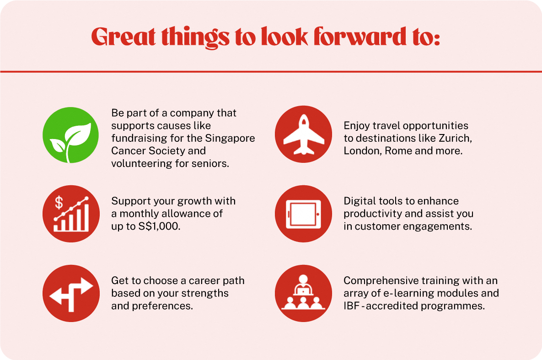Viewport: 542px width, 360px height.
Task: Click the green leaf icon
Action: click(70, 135)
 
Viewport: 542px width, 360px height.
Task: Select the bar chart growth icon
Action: click(71, 214)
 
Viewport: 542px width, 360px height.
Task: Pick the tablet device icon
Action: click(304, 214)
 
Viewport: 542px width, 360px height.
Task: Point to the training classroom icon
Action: click(304, 293)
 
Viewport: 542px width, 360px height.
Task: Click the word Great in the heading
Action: click(123, 37)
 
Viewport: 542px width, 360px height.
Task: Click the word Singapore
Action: click(230, 138)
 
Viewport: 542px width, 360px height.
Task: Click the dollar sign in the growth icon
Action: click(59, 203)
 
